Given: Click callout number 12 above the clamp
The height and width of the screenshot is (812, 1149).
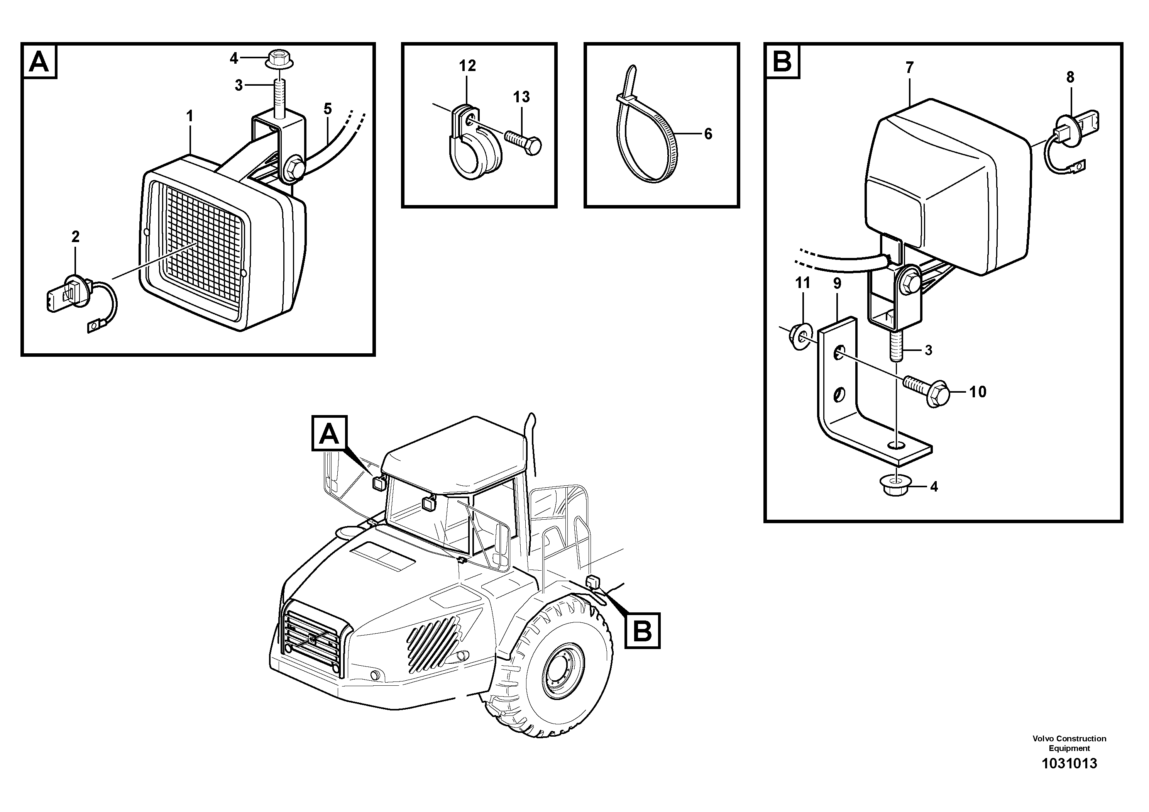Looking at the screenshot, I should [x=467, y=66].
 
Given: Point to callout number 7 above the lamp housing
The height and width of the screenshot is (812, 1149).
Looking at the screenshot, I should [x=909, y=67].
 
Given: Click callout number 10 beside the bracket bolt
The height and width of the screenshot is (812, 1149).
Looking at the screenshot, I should [x=977, y=392].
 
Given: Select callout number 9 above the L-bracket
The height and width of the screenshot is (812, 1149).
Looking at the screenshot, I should [x=837, y=283].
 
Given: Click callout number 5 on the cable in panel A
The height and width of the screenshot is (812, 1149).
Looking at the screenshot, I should [x=327, y=108].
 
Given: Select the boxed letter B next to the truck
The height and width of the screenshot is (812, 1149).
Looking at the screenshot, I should [x=642, y=630].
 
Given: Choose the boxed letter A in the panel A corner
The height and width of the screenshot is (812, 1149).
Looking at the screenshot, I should [x=39, y=61].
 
